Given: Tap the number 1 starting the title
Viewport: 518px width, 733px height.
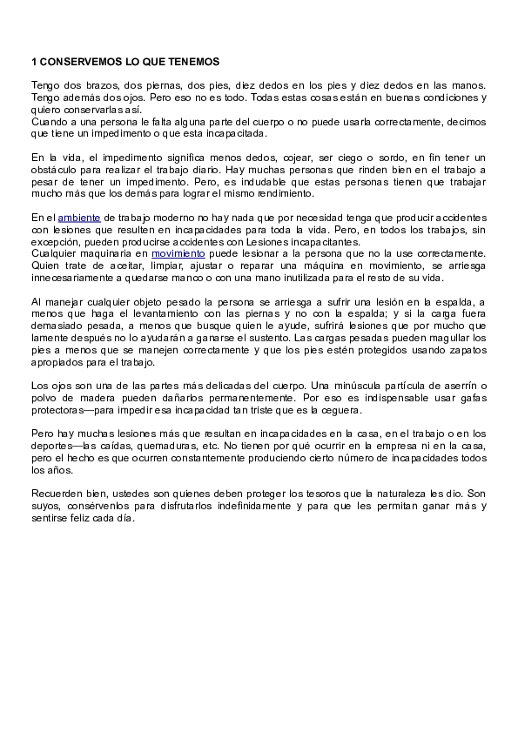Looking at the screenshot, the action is coord(34,62).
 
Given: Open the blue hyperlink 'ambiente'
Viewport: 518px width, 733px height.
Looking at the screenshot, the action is coord(79,217).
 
